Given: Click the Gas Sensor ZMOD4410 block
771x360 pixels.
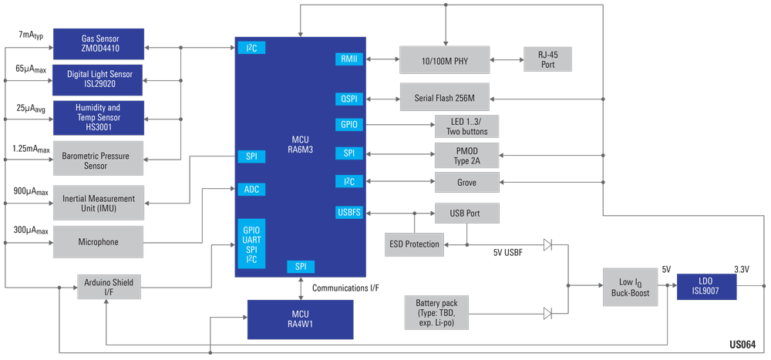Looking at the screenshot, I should click(x=98, y=44).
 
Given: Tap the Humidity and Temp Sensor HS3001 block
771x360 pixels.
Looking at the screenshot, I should click(x=98, y=117).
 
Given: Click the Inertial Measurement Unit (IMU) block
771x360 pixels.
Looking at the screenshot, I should click(x=98, y=204).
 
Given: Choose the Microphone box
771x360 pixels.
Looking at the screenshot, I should click(x=98, y=242).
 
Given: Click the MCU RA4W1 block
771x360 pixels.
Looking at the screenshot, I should click(x=300, y=319).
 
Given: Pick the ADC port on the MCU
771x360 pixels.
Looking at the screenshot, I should click(x=252, y=189).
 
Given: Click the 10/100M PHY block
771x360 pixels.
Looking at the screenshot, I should click(x=444, y=59).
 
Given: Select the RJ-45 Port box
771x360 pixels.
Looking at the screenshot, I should click(x=547, y=59).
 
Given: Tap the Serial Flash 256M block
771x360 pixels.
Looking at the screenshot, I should click(x=444, y=98).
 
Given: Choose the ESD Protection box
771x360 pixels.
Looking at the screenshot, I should click(x=415, y=244).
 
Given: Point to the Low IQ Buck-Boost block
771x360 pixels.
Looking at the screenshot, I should click(x=630, y=287).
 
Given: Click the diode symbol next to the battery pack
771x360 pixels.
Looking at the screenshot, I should click(x=547, y=314).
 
